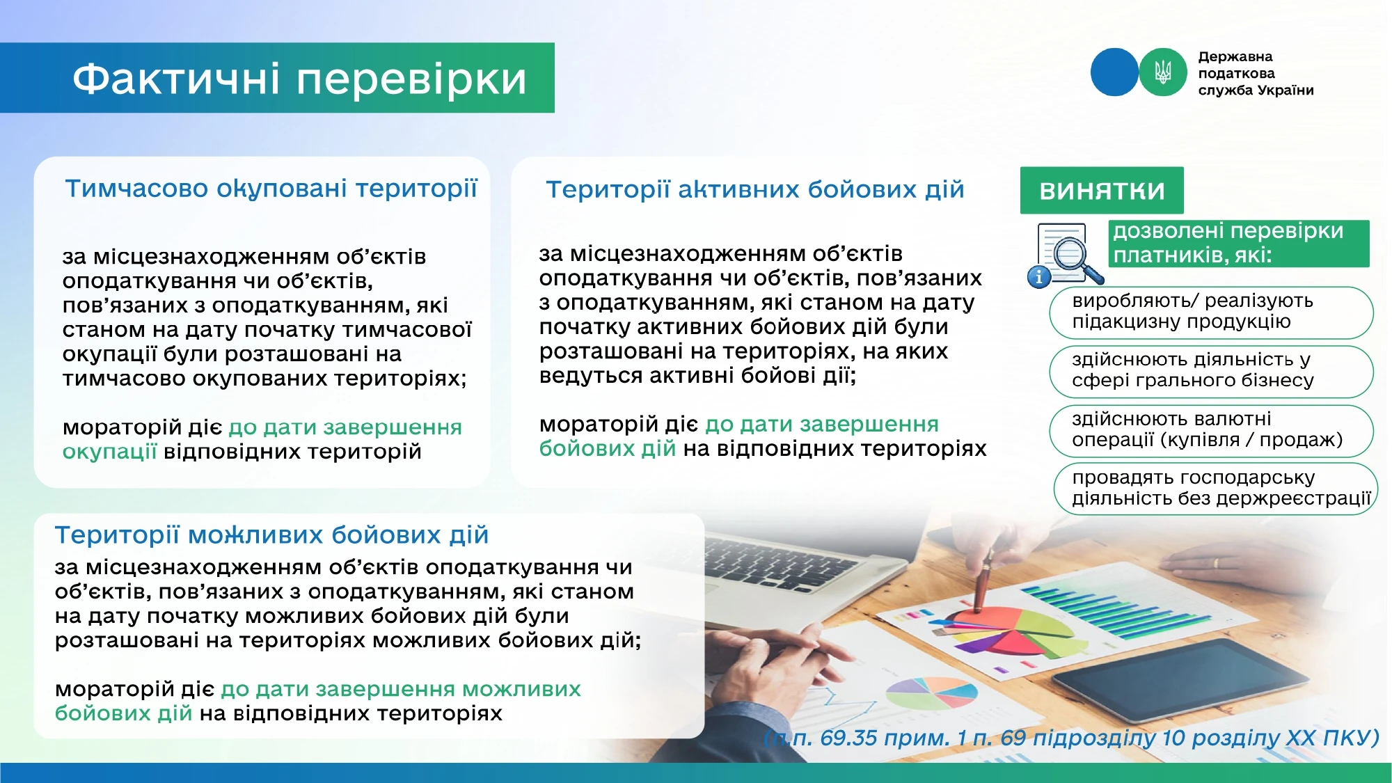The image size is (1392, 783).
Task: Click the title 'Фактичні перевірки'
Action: [299, 78]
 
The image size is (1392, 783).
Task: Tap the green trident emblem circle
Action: [1163, 72]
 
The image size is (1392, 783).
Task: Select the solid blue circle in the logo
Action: [1114, 72]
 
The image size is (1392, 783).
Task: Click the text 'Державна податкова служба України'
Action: [1256, 73]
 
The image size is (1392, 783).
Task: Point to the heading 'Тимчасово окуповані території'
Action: [271, 189]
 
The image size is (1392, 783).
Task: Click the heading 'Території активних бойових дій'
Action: [755, 189]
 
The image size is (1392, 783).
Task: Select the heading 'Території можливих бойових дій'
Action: [271, 535]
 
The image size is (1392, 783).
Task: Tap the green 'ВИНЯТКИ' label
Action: [1102, 190]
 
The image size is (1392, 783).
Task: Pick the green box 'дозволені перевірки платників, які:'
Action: [1239, 244]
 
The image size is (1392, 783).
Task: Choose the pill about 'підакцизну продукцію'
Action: [1211, 312]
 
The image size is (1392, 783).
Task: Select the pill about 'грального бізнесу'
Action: [1211, 371]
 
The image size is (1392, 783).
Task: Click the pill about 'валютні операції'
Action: [1211, 430]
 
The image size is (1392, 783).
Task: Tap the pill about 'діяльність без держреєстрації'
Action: [1215, 489]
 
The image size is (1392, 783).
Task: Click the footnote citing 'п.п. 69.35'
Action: [1071, 738]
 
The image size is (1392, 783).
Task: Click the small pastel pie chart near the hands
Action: [931, 693]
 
